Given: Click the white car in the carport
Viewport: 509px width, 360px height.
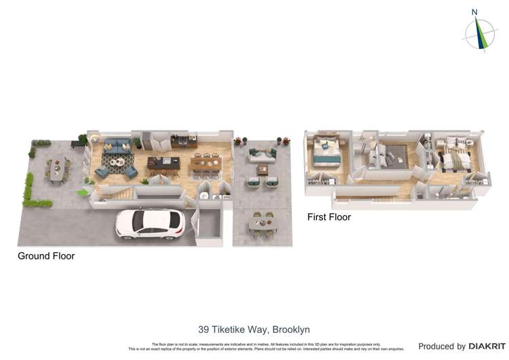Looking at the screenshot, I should click(149, 223).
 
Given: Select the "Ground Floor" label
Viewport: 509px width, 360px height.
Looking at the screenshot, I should click(46, 256).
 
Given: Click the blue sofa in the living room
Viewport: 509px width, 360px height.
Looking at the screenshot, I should click(118, 147).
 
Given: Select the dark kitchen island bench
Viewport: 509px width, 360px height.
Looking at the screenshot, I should click(164, 164).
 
